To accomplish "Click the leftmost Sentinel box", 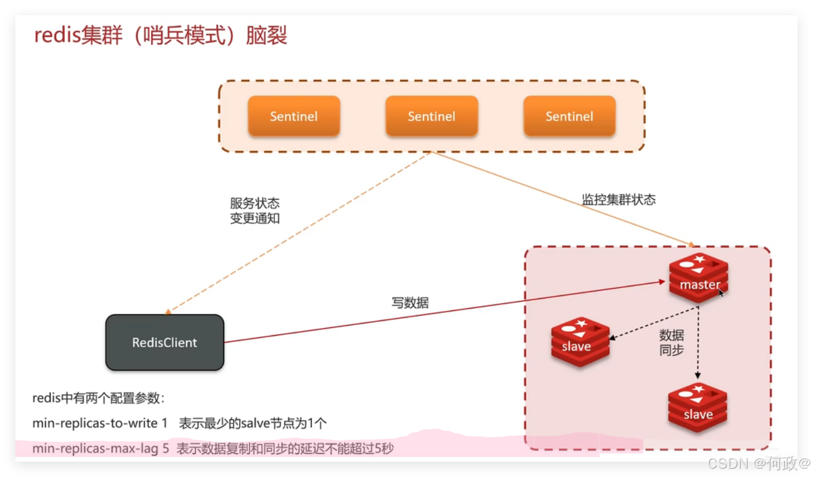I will pos(294,116).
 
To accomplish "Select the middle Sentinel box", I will pos(432,116).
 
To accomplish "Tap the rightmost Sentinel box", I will pos(569,116).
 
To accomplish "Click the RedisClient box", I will pos(165,342).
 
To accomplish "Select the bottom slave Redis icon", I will pos(698,408).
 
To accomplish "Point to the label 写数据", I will pos(410,303).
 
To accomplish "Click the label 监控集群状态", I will pos(619,200).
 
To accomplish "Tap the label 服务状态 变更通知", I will pos(255,211).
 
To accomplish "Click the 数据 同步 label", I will pos(672,343).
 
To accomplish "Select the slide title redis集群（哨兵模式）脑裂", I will pos(161,36).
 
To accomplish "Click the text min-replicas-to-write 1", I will pos(100,423).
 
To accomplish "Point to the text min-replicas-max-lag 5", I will pos(101,449).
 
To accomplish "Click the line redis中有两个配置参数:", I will pos(98,398).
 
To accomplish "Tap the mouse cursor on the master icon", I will pos(721,292).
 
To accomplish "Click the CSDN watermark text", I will pos(758,463).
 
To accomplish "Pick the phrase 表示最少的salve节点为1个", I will pos(253,423).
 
